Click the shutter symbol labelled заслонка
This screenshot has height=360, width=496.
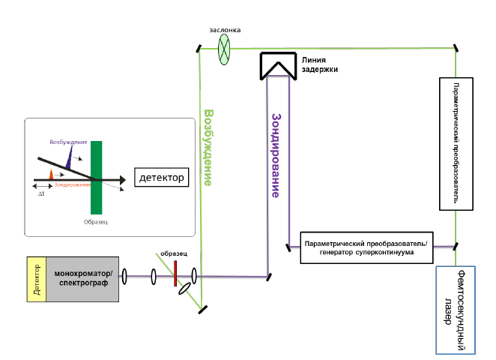point(224,49)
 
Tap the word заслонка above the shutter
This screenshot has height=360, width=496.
point(224,31)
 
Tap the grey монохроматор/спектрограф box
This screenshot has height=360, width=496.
point(82,279)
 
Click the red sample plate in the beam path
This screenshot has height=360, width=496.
point(175,274)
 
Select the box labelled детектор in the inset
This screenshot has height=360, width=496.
point(161,178)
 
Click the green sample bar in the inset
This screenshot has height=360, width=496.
point(97,177)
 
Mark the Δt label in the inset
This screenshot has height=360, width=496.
point(43,193)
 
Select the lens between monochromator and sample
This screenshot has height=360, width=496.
point(123,277)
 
